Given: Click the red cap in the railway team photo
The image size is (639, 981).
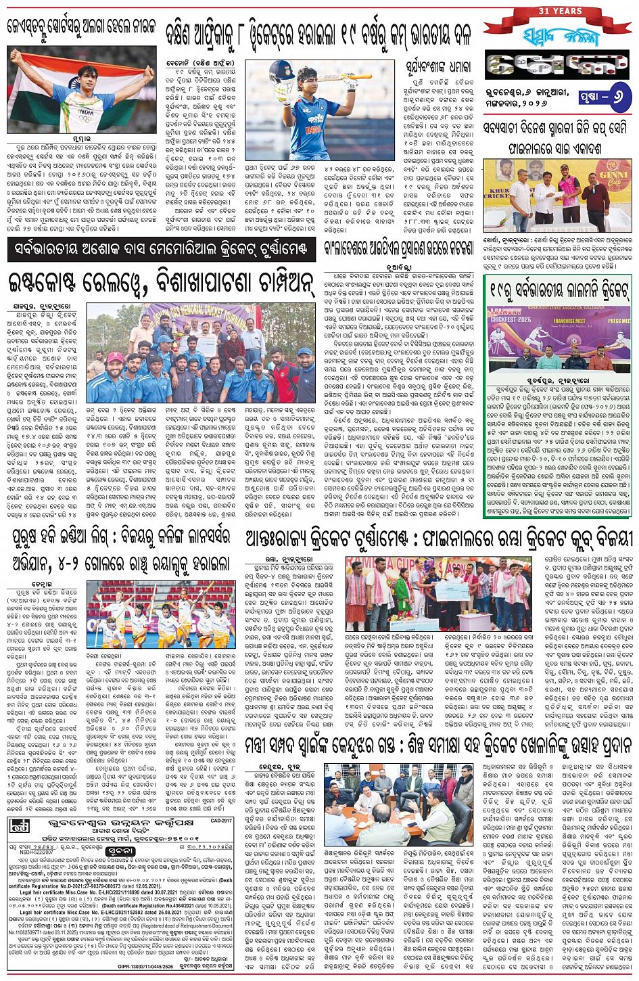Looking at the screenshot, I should tap(116, 357).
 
